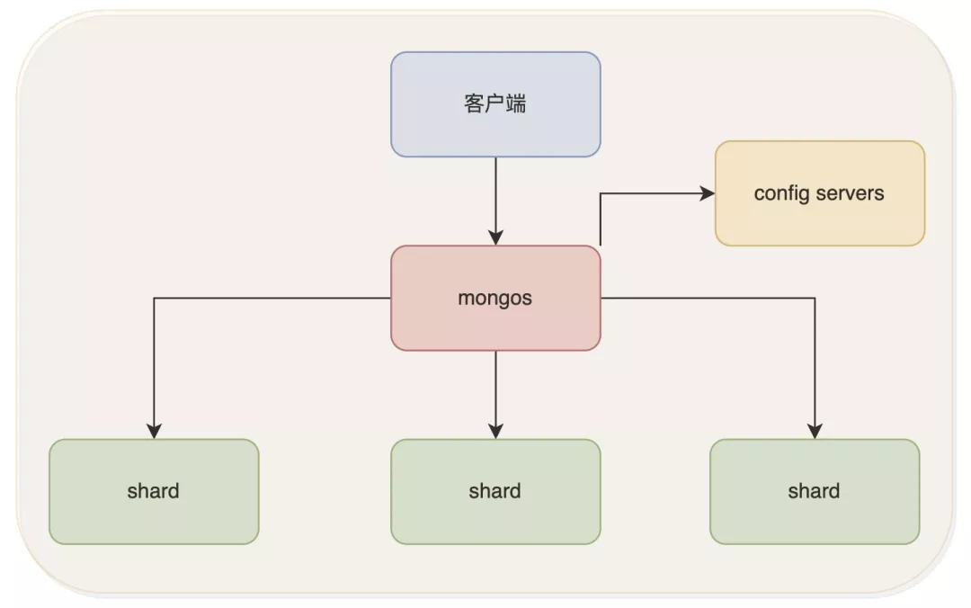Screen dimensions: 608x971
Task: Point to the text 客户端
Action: click(x=495, y=104)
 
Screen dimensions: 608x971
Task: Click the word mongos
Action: click(x=495, y=298)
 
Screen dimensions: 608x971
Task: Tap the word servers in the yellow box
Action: click(x=850, y=193)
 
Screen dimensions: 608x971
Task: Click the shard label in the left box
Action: click(x=154, y=491)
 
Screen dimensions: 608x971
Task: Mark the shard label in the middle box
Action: click(x=495, y=491)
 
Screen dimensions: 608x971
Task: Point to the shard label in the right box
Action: click(x=815, y=491)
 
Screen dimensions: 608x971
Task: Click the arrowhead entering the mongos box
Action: click(x=495, y=237)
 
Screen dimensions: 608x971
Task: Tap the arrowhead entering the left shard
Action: click(x=154, y=431)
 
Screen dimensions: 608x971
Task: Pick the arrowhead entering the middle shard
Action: click(x=495, y=431)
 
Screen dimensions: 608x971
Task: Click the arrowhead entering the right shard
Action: click(x=815, y=431)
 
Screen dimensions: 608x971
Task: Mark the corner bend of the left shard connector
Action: click(x=154, y=299)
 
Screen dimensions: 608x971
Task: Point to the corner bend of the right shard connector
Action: click(x=815, y=299)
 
